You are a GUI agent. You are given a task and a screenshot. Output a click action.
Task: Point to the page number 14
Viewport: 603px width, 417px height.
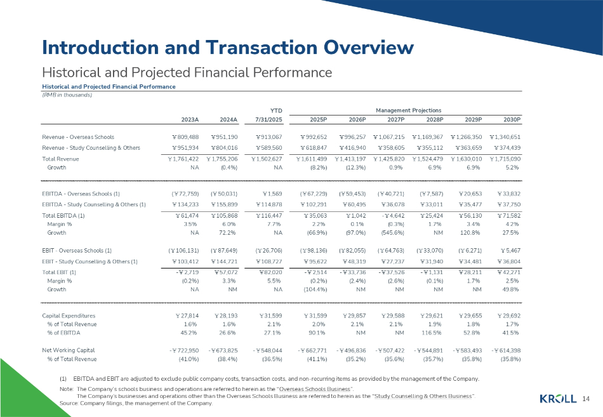[x=585, y=399]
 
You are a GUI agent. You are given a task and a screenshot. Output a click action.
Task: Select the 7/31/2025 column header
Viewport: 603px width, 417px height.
[x=268, y=119]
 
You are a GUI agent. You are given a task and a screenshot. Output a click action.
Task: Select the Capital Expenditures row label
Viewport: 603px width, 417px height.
[x=69, y=315]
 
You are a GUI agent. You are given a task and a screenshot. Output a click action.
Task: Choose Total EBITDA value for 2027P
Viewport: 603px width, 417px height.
[x=390, y=216]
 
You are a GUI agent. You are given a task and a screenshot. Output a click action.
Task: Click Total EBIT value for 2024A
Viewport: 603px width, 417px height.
[x=223, y=272]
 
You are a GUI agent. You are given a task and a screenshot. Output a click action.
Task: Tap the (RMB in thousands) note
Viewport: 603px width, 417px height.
[x=67, y=95]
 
